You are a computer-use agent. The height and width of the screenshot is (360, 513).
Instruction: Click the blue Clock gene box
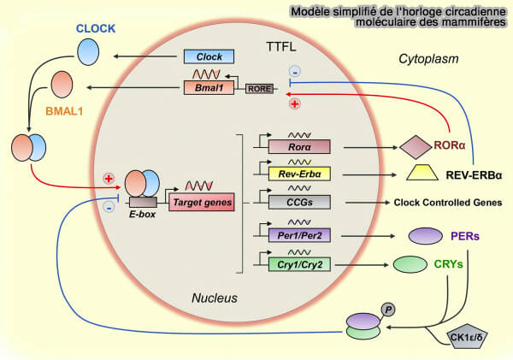click(209, 57)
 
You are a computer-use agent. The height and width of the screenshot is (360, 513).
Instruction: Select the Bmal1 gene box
click(209, 87)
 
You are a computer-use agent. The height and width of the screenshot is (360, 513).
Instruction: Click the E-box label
click(141, 217)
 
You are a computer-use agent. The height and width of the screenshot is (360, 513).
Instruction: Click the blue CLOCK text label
click(95, 27)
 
